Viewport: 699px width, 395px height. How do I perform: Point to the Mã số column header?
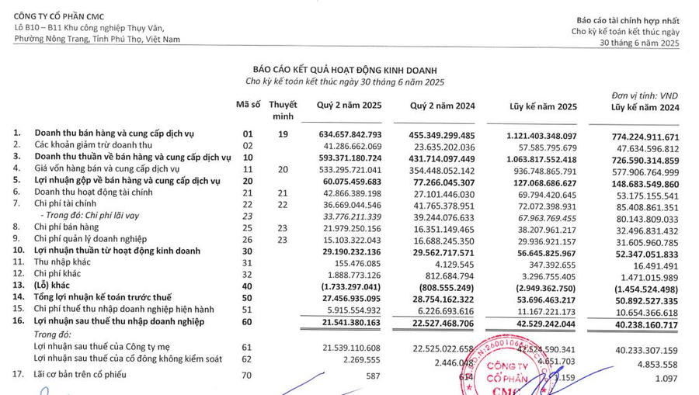click(249, 105)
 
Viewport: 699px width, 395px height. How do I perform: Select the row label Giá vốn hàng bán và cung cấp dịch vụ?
click(107, 169)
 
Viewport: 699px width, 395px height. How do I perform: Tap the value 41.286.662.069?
click(350, 145)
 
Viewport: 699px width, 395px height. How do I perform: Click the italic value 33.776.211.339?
click(350, 216)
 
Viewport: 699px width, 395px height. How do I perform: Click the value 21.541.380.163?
click(350, 321)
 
